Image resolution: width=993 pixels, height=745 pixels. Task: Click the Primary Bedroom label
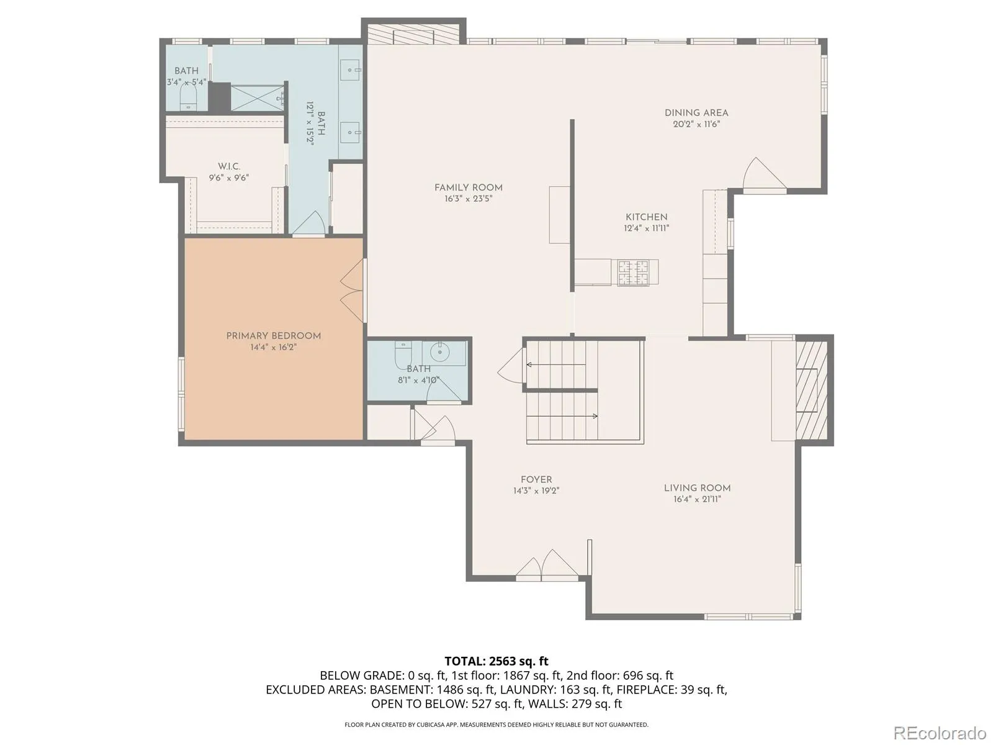273,336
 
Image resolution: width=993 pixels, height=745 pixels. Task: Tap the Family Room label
468,187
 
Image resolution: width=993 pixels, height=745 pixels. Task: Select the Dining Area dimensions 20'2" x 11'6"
696,124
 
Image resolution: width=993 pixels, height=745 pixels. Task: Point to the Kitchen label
647,217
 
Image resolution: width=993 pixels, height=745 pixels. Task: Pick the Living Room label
697,488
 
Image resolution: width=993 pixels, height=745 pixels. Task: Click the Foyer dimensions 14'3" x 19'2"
536,491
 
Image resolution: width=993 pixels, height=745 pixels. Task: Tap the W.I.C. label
229,166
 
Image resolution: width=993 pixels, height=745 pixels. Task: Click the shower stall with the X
257,97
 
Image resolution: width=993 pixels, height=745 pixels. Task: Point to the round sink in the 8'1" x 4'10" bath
439,351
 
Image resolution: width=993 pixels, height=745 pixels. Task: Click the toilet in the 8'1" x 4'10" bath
403,356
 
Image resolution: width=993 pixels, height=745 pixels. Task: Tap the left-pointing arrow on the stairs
556,364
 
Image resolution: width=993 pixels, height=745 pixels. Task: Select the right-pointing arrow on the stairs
562,416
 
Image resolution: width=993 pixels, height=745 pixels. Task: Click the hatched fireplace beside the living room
812,390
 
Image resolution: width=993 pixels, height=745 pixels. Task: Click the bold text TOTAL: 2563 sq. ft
496,661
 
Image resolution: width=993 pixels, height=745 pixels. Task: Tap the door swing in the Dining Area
764,174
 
